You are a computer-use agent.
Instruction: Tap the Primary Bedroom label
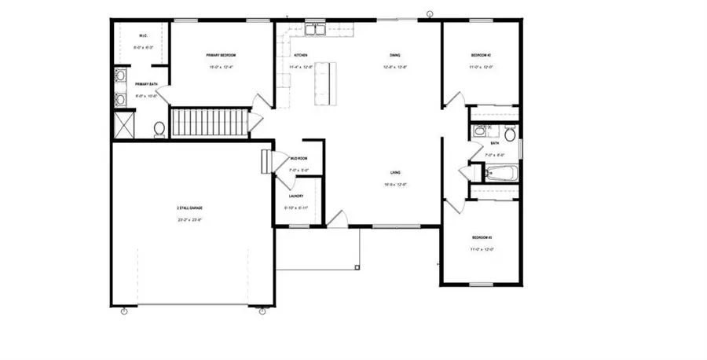pos(221,55)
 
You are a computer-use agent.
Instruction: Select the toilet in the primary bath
pos(159,129)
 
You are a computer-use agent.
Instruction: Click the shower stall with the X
pos(123,125)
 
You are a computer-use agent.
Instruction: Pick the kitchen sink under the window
pos(316,31)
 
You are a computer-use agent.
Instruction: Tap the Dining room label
pos(396,55)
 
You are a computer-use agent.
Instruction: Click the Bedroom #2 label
pos(481,55)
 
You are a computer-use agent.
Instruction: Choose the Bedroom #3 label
pos(481,237)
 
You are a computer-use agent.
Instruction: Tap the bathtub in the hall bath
pos(500,173)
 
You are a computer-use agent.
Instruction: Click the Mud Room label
pos(299,158)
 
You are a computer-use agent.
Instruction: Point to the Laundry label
pos(296,196)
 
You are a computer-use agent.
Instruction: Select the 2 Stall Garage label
pos(189,208)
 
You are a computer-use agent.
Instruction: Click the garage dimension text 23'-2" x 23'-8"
pos(189,219)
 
